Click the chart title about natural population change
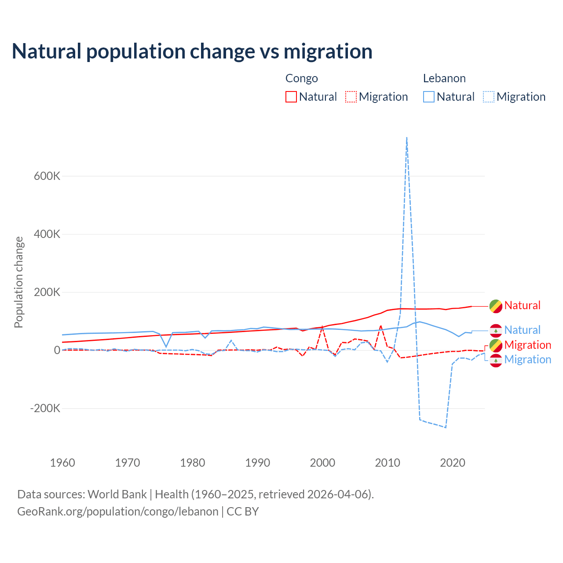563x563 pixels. [192, 51]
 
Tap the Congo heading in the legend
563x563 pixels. [301, 78]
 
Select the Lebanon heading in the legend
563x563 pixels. [444, 78]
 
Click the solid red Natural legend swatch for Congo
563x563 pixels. [291, 97]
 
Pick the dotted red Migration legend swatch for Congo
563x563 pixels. [351, 97]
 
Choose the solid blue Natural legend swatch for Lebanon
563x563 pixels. [429, 97]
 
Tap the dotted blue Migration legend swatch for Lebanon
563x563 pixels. [489, 97]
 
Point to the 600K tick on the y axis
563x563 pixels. [47, 176]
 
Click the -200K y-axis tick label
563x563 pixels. [45, 408]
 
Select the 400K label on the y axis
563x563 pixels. [47, 234]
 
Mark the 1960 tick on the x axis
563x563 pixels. [62, 463]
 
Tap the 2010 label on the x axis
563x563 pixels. [388, 463]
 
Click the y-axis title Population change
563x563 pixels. [18, 282]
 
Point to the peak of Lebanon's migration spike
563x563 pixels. [407, 138]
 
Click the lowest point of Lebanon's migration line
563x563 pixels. [446, 427]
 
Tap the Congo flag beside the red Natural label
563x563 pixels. [496, 306]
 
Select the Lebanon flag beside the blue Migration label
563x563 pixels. [496, 360]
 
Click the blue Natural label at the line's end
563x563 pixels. [522, 330]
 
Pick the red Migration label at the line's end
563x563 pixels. [527, 345]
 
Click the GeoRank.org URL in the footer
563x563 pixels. [118, 512]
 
